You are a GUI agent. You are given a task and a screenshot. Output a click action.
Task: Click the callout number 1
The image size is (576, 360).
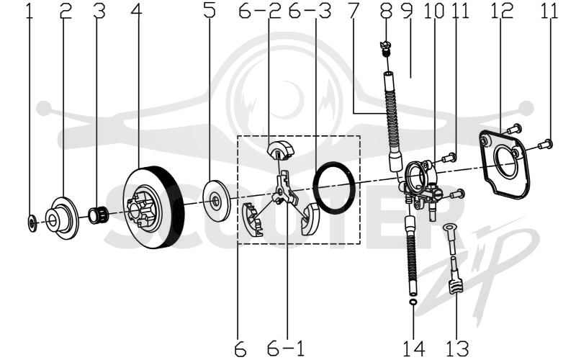click(30, 11)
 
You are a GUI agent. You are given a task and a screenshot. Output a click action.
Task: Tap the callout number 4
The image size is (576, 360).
click(137, 11)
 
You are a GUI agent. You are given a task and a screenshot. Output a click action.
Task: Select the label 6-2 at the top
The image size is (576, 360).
click(260, 11)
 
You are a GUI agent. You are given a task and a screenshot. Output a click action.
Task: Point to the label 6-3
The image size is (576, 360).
click(310, 11)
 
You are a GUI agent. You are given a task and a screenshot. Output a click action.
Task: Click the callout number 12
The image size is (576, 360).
click(501, 11)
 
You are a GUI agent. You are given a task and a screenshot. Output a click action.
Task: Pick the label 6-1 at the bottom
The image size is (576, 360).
click(286, 348)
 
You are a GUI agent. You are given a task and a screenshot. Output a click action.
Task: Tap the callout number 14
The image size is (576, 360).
click(414, 348)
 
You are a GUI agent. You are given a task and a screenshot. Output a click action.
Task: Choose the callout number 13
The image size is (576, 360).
click(457, 348)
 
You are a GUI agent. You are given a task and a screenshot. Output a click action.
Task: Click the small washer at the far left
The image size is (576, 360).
click(32, 223)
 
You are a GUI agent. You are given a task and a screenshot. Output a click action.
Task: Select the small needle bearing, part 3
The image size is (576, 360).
click(97, 215)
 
